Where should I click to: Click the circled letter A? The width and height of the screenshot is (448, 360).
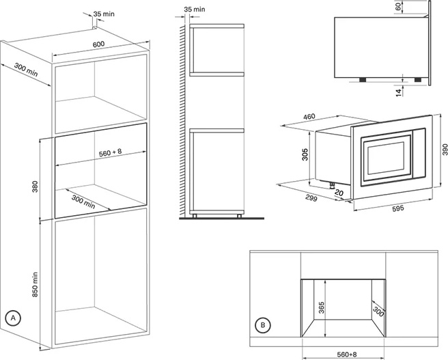(12, 318)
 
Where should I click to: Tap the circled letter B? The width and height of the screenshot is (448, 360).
(262, 324)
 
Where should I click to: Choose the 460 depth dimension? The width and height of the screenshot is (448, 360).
(309, 117)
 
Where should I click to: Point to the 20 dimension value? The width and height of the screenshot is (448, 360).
(339, 192)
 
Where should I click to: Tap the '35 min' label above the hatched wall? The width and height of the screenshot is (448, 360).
(193, 10)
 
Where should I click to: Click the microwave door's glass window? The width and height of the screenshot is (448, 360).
(385, 156)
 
